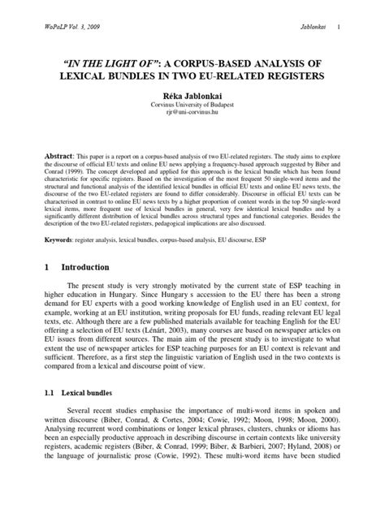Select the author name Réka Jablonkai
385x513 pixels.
tap(191, 95)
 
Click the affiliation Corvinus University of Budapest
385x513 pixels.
tap(192, 106)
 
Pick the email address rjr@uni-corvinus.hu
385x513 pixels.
tap(192, 116)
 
